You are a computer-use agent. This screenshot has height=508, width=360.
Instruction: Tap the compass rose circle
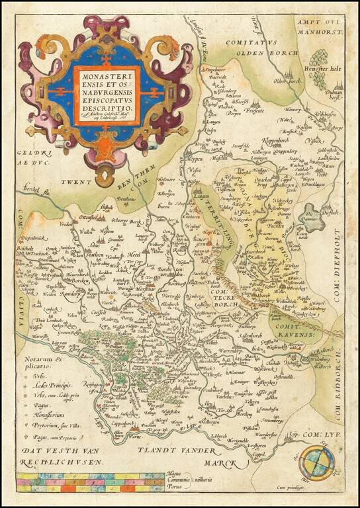(x=314, y=464)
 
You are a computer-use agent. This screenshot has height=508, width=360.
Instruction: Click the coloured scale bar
(x=89, y=482)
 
